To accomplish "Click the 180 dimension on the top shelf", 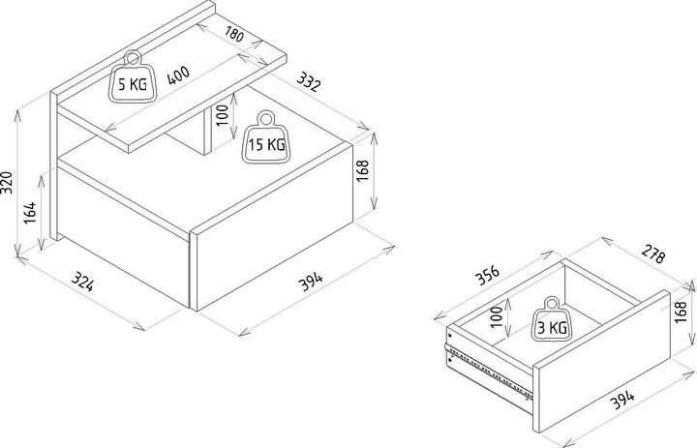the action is [x=234, y=34].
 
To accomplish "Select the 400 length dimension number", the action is [x=178, y=75].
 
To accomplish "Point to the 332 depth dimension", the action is [x=308, y=82].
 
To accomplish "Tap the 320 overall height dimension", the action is [x=7, y=182].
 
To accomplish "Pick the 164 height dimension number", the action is [x=30, y=213].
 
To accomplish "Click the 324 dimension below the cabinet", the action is [x=82, y=282].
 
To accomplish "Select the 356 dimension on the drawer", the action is [x=488, y=276].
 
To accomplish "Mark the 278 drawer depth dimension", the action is [x=653, y=254].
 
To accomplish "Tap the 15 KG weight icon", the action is [x=266, y=136].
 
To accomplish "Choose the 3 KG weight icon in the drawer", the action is [x=552, y=319].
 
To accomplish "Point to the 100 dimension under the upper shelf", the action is [x=223, y=115].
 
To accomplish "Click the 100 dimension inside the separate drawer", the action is [x=497, y=316].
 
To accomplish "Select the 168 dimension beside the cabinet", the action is [x=363, y=170].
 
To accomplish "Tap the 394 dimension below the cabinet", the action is [x=311, y=282].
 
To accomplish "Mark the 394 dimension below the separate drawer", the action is [x=621, y=400].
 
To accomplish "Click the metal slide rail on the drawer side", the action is [x=489, y=371].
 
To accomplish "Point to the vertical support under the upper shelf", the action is [x=207, y=132].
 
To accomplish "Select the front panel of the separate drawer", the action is [x=601, y=361].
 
